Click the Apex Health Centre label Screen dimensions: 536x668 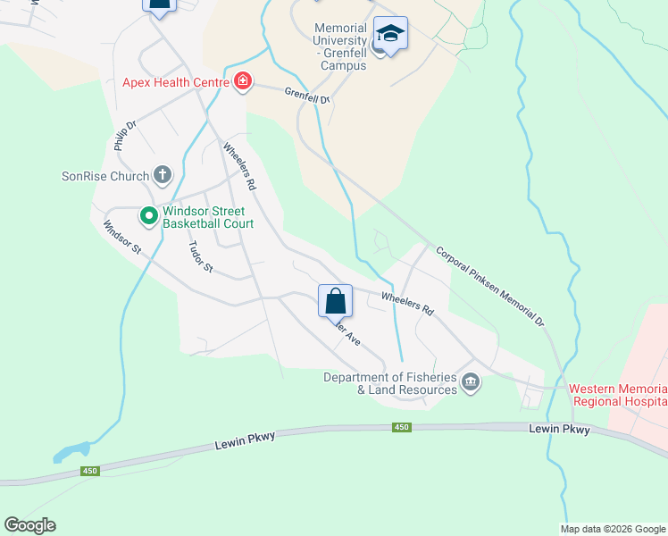[x=177, y=83]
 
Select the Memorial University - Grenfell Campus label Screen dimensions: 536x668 [x=340, y=47]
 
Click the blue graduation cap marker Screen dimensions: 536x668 [x=389, y=34]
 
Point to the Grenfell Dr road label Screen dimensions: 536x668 [x=308, y=94]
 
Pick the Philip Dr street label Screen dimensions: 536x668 [x=123, y=137]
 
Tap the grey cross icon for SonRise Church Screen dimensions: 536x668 [x=162, y=175]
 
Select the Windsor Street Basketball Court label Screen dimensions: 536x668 [x=207, y=218]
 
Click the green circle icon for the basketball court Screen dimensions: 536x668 [x=147, y=215]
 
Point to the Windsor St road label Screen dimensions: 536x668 [x=122, y=237]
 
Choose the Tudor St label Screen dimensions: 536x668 [x=201, y=257]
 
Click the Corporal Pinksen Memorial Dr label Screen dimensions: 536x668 [x=489, y=284]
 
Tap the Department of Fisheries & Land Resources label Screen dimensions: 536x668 [x=391, y=383]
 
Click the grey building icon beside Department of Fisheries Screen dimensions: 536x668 [x=472, y=383]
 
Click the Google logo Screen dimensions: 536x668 [x=29, y=525]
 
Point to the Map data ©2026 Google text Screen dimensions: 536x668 [x=613, y=529]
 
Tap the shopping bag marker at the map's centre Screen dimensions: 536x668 [x=335, y=301]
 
